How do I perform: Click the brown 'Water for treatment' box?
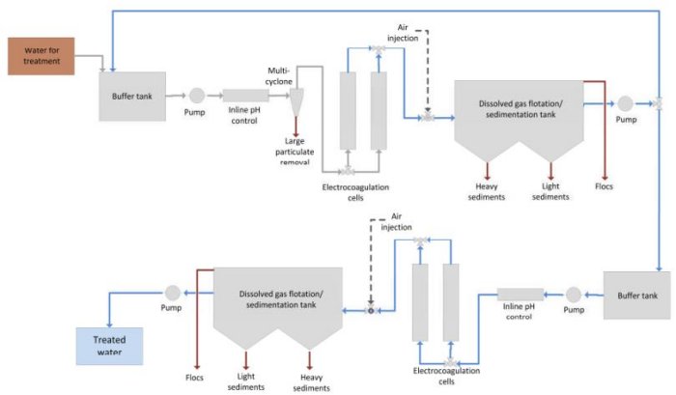pos(42,56)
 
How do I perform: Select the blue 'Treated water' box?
pos(109,346)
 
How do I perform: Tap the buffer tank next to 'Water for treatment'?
pos(131,95)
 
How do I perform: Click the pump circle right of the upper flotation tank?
pos(625,102)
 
